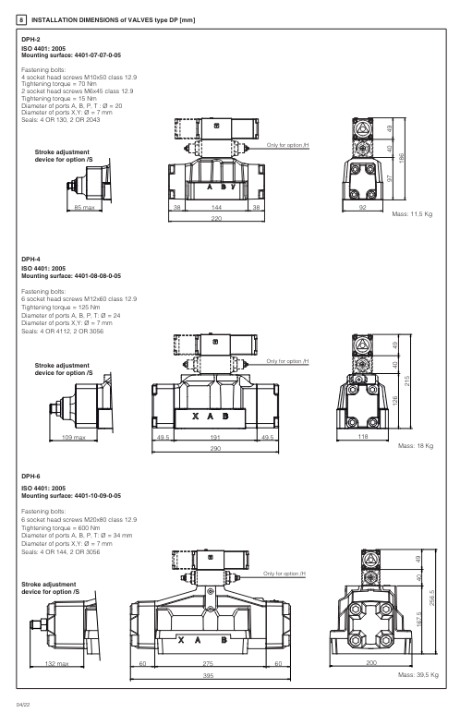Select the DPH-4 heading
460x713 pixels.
(30, 261)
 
